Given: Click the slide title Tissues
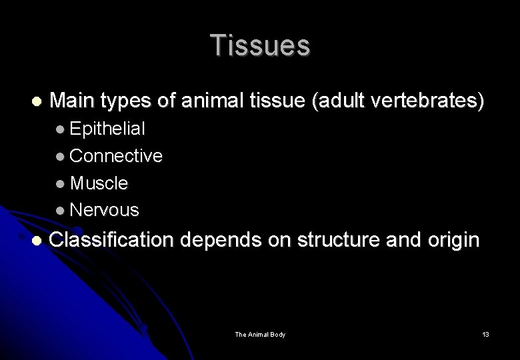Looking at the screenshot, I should (x=260, y=45).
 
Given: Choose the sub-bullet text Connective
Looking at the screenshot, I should (x=116, y=156).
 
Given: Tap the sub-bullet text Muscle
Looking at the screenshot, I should (x=99, y=183).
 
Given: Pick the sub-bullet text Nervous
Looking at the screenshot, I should (x=105, y=210).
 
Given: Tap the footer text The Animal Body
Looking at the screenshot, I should (x=260, y=334).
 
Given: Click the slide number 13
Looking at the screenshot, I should (x=485, y=334).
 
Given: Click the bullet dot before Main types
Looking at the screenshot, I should (x=36, y=102).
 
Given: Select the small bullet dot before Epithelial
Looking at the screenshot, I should (x=61, y=129).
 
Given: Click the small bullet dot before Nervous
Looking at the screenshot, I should (x=61, y=211).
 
